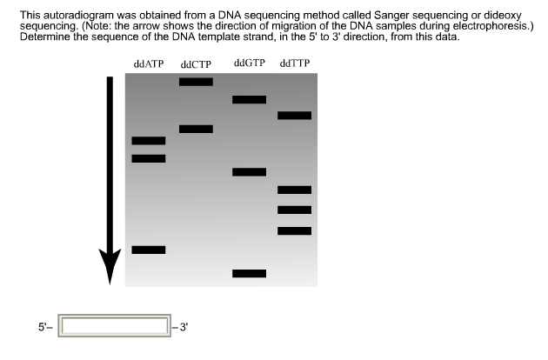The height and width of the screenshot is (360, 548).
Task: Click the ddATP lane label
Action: click(x=148, y=64)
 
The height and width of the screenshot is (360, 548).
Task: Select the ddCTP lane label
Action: click(x=196, y=65)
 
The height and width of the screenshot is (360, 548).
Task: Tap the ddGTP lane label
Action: click(x=250, y=63)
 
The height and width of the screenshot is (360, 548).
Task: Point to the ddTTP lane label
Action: click(x=294, y=64)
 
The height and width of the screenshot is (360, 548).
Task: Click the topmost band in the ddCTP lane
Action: click(x=196, y=82)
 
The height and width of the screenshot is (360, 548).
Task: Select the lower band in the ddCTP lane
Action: click(x=196, y=129)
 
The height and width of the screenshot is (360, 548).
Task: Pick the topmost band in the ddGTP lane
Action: click(x=250, y=99)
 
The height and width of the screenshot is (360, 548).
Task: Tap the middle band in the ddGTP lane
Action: click(x=250, y=171)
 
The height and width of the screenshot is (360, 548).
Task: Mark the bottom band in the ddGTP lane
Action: click(x=250, y=273)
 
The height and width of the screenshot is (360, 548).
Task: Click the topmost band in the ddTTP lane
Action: click(x=294, y=115)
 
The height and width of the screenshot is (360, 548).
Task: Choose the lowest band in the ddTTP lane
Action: click(x=294, y=230)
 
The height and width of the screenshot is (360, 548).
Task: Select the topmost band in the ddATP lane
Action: click(x=148, y=140)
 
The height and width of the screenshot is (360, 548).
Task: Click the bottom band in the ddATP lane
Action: click(x=148, y=250)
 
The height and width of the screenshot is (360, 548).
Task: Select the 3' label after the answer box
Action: click(x=183, y=327)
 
